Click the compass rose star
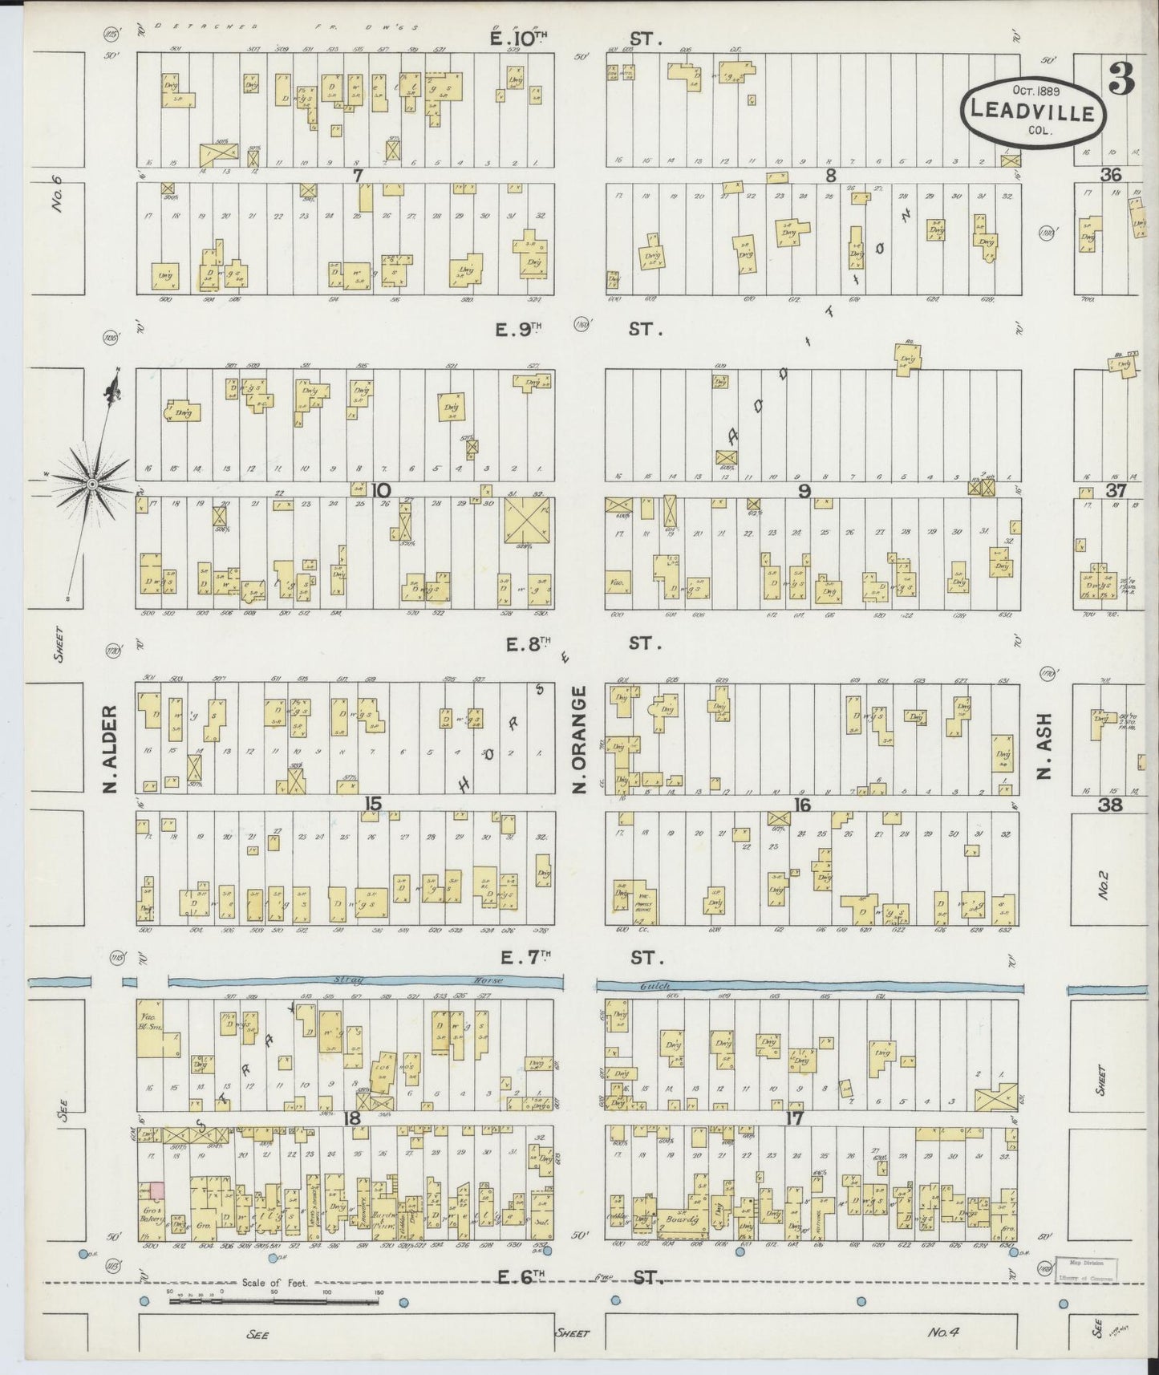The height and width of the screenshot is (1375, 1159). pyautogui.click(x=91, y=485)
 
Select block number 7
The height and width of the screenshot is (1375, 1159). pyautogui.click(x=358, y=173)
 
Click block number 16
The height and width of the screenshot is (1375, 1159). pyautogui.click(x=801, y=805)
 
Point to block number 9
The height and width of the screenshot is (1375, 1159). pyautogui.click(x=804, y=491)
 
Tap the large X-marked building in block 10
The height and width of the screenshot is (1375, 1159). pyautogui.click(x=528, y=521)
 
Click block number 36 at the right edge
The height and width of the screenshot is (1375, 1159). pyautogui.click(x=1110, y=174)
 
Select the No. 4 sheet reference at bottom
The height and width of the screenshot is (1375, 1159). pyautogui.click(x=945, y=1332)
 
